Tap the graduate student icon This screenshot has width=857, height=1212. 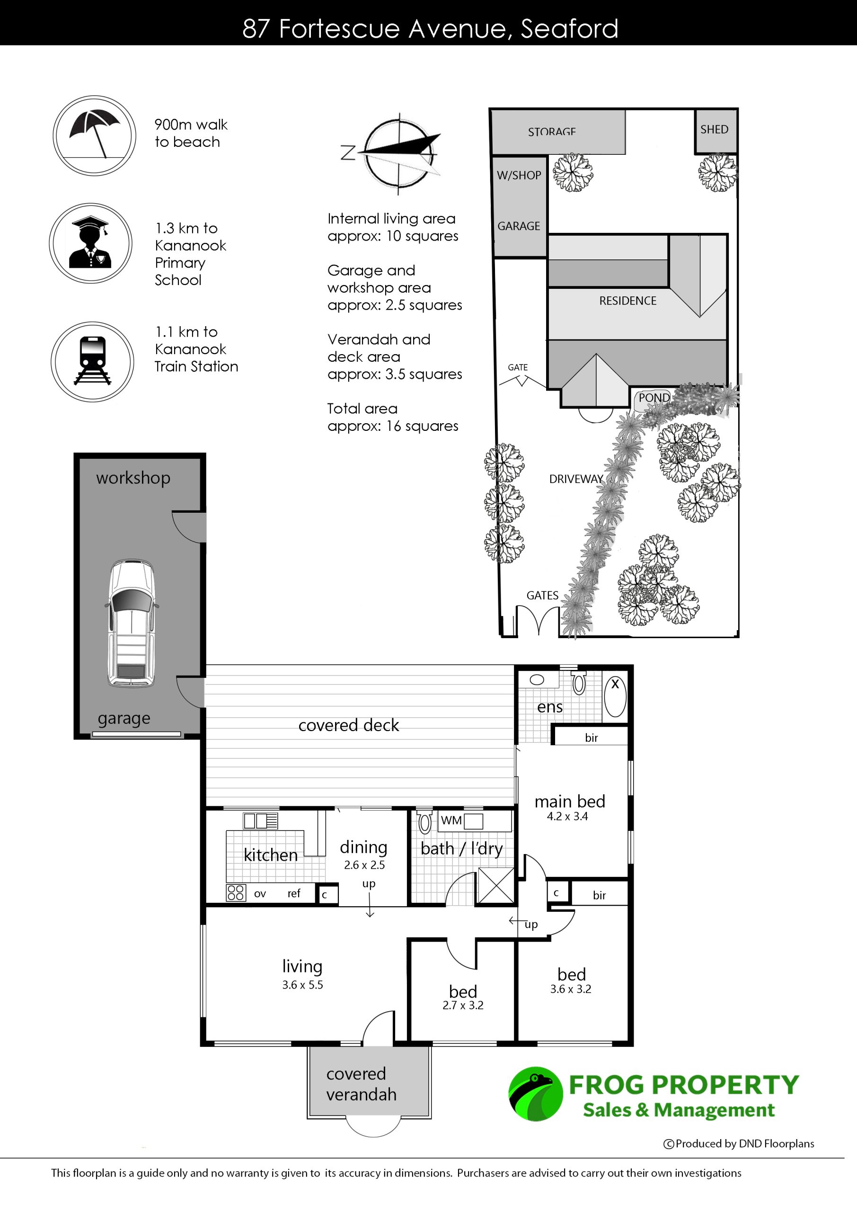(x=91, y=243)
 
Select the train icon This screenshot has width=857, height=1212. (x=92, y=362)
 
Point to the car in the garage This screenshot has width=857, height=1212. (x=132, y=624)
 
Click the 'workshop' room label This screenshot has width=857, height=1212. (x=133, y=478)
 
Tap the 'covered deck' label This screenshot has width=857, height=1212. (x=349, y=725)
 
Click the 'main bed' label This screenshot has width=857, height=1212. (x=570, y=802)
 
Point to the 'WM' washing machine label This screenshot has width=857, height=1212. (x=451, y=820)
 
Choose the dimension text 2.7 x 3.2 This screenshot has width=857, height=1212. (x=463, y=1005)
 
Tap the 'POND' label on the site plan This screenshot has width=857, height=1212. (x=654, y=398)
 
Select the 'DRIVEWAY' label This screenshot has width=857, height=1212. (x=576, y=479)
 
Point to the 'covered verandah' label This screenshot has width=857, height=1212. (x=362, y=1084)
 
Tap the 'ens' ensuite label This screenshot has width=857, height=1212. (x=550, y=707)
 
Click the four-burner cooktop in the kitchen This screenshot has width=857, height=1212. (x=236, y=892)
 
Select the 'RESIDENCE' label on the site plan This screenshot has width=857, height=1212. (x=628, y=301)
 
